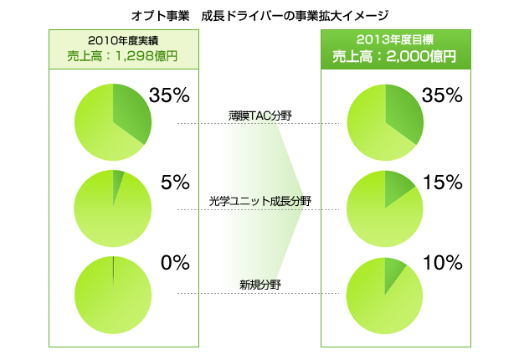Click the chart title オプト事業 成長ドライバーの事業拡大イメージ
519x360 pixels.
click(259, 15)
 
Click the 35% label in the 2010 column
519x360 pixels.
click(170, 95)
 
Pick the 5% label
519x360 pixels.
click(175, 183)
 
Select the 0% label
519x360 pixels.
click(175, 263)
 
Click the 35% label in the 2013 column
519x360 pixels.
click(442, 95)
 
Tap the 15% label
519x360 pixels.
click(442, 183)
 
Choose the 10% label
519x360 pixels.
click(442, 263)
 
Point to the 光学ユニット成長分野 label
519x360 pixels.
click(259, 201)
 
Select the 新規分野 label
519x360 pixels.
click(259, 285)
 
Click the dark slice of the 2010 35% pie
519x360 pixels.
click(132, 111)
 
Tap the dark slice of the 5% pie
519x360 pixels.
click(117, 177)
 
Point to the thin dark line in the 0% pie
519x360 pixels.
click(113, 272)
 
